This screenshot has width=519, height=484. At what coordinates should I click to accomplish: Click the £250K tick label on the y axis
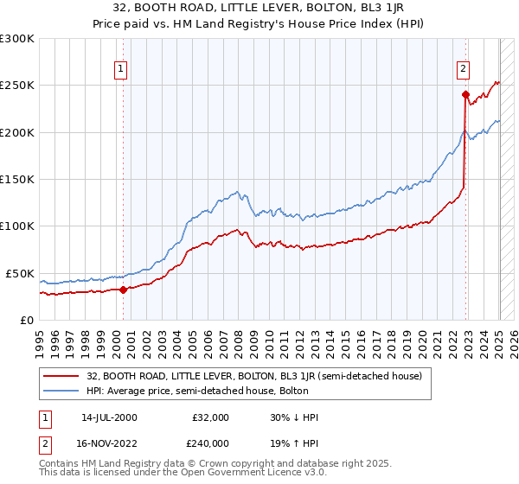(16, 86)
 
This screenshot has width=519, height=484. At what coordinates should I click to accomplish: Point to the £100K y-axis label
(16, 226)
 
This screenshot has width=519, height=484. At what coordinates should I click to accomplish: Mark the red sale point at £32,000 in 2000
(124, 290)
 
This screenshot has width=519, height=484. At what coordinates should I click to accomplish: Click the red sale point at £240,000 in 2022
(465, 94)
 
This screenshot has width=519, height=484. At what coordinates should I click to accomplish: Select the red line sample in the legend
(62, 376)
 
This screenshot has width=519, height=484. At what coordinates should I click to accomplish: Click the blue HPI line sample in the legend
(62, 392)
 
